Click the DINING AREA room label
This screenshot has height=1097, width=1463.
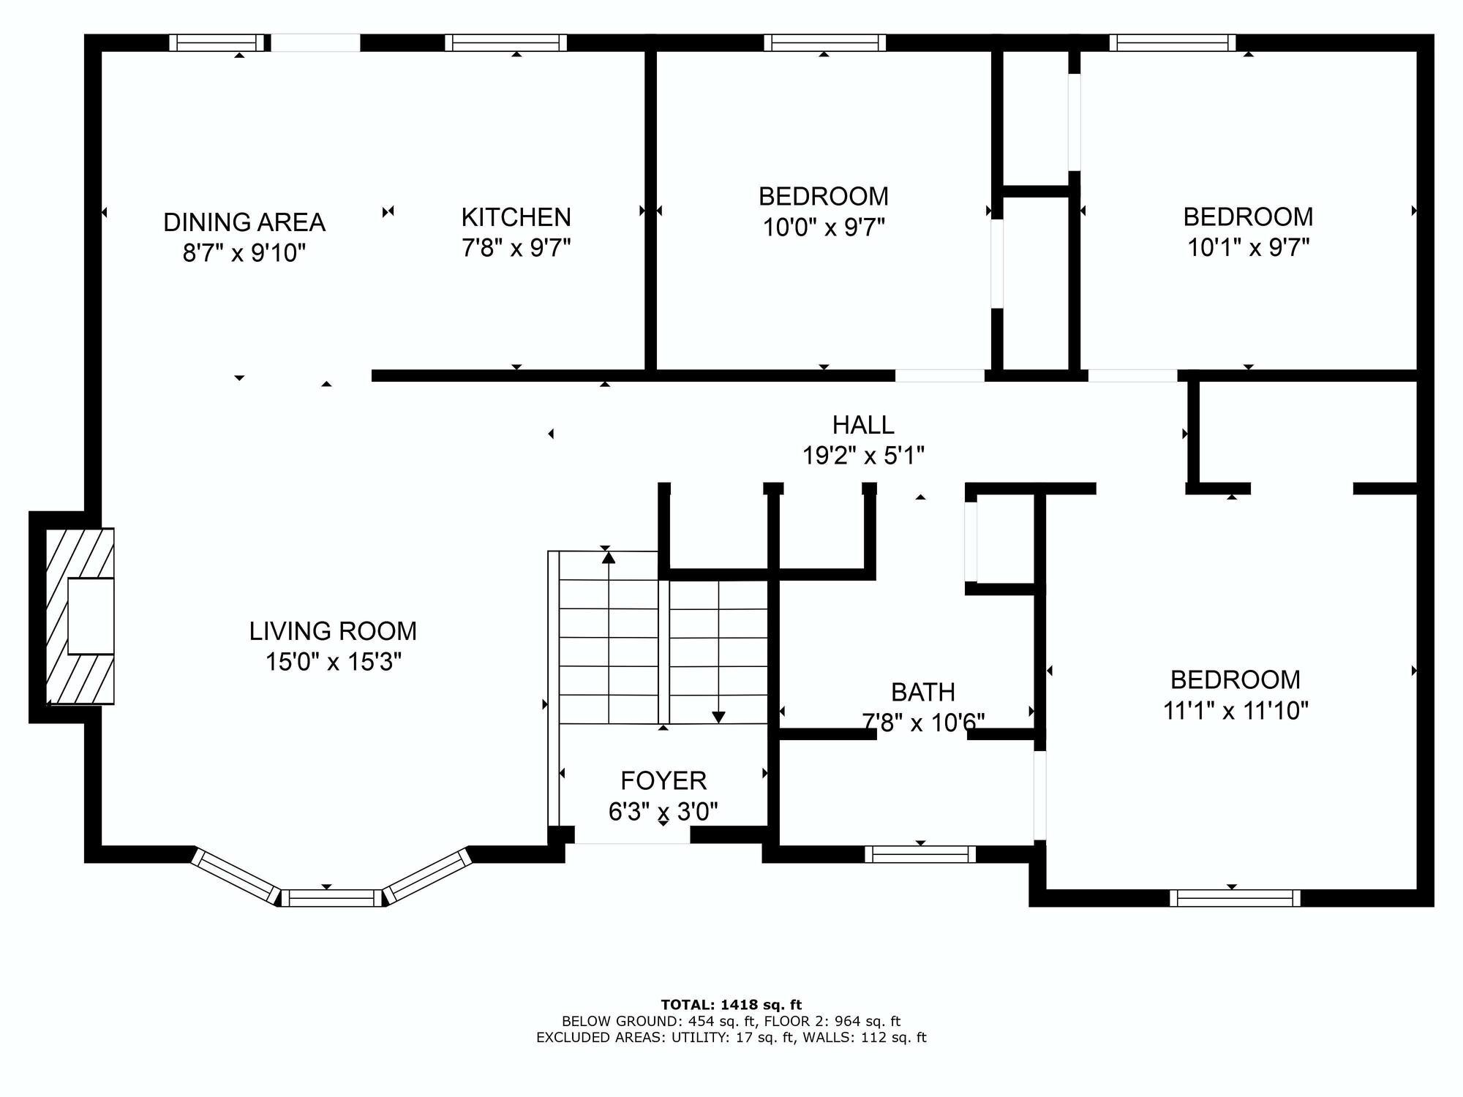[244, 222]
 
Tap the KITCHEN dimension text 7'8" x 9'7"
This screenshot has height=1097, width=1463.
[516, 248]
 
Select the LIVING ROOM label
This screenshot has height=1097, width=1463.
[333, 630]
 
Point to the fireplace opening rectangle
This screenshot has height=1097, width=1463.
[91, 616]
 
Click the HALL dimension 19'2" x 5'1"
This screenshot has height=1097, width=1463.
[863, 456]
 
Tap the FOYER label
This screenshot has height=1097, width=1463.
[663, 781]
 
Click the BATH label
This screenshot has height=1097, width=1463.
[922, 692]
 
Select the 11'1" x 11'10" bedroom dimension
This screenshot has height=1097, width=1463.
[1236, 710]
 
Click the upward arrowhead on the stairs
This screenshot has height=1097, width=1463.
[609, 558]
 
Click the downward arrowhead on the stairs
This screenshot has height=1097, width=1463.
[718, 717]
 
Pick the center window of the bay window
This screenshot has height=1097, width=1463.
[331, 898]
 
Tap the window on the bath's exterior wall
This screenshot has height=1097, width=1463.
[920, 853]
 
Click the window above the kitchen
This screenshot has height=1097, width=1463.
[505, 43]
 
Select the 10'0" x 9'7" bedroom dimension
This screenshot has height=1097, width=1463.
[824, 227]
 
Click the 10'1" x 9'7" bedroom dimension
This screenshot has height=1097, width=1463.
[1248, 248]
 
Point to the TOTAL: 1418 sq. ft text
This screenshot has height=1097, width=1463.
[731, 1005]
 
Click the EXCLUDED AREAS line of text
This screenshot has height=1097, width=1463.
[731, 1037]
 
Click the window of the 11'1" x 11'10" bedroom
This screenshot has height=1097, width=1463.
[1235, 897]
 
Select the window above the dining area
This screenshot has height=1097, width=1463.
[217, 43]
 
